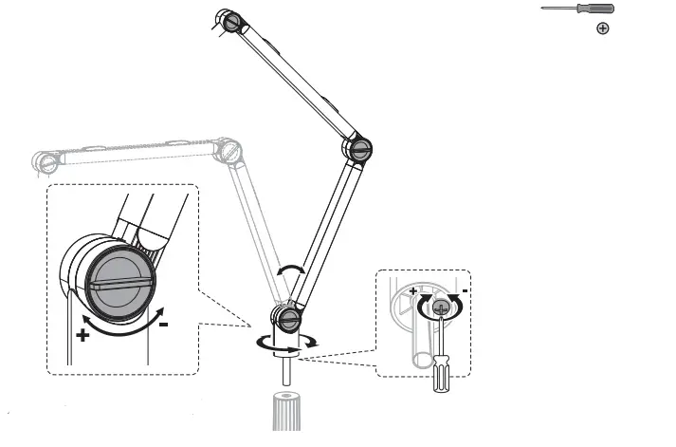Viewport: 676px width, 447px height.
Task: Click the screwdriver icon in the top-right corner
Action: pyautogui.click(x=577, y=9)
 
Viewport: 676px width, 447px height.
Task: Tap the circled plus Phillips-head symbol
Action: pyautogui.click(x=602, y=29)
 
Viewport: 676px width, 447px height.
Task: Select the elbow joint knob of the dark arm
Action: pyautogui.click(x=357, y=148)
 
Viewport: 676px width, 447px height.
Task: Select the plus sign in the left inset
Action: pyautogui.click(x=82, y=334)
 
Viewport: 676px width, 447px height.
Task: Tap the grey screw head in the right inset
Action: pyautogui.click(x=439, y=307)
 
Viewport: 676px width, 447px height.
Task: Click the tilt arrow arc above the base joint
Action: pyautogui.click(x=290, y=272)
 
